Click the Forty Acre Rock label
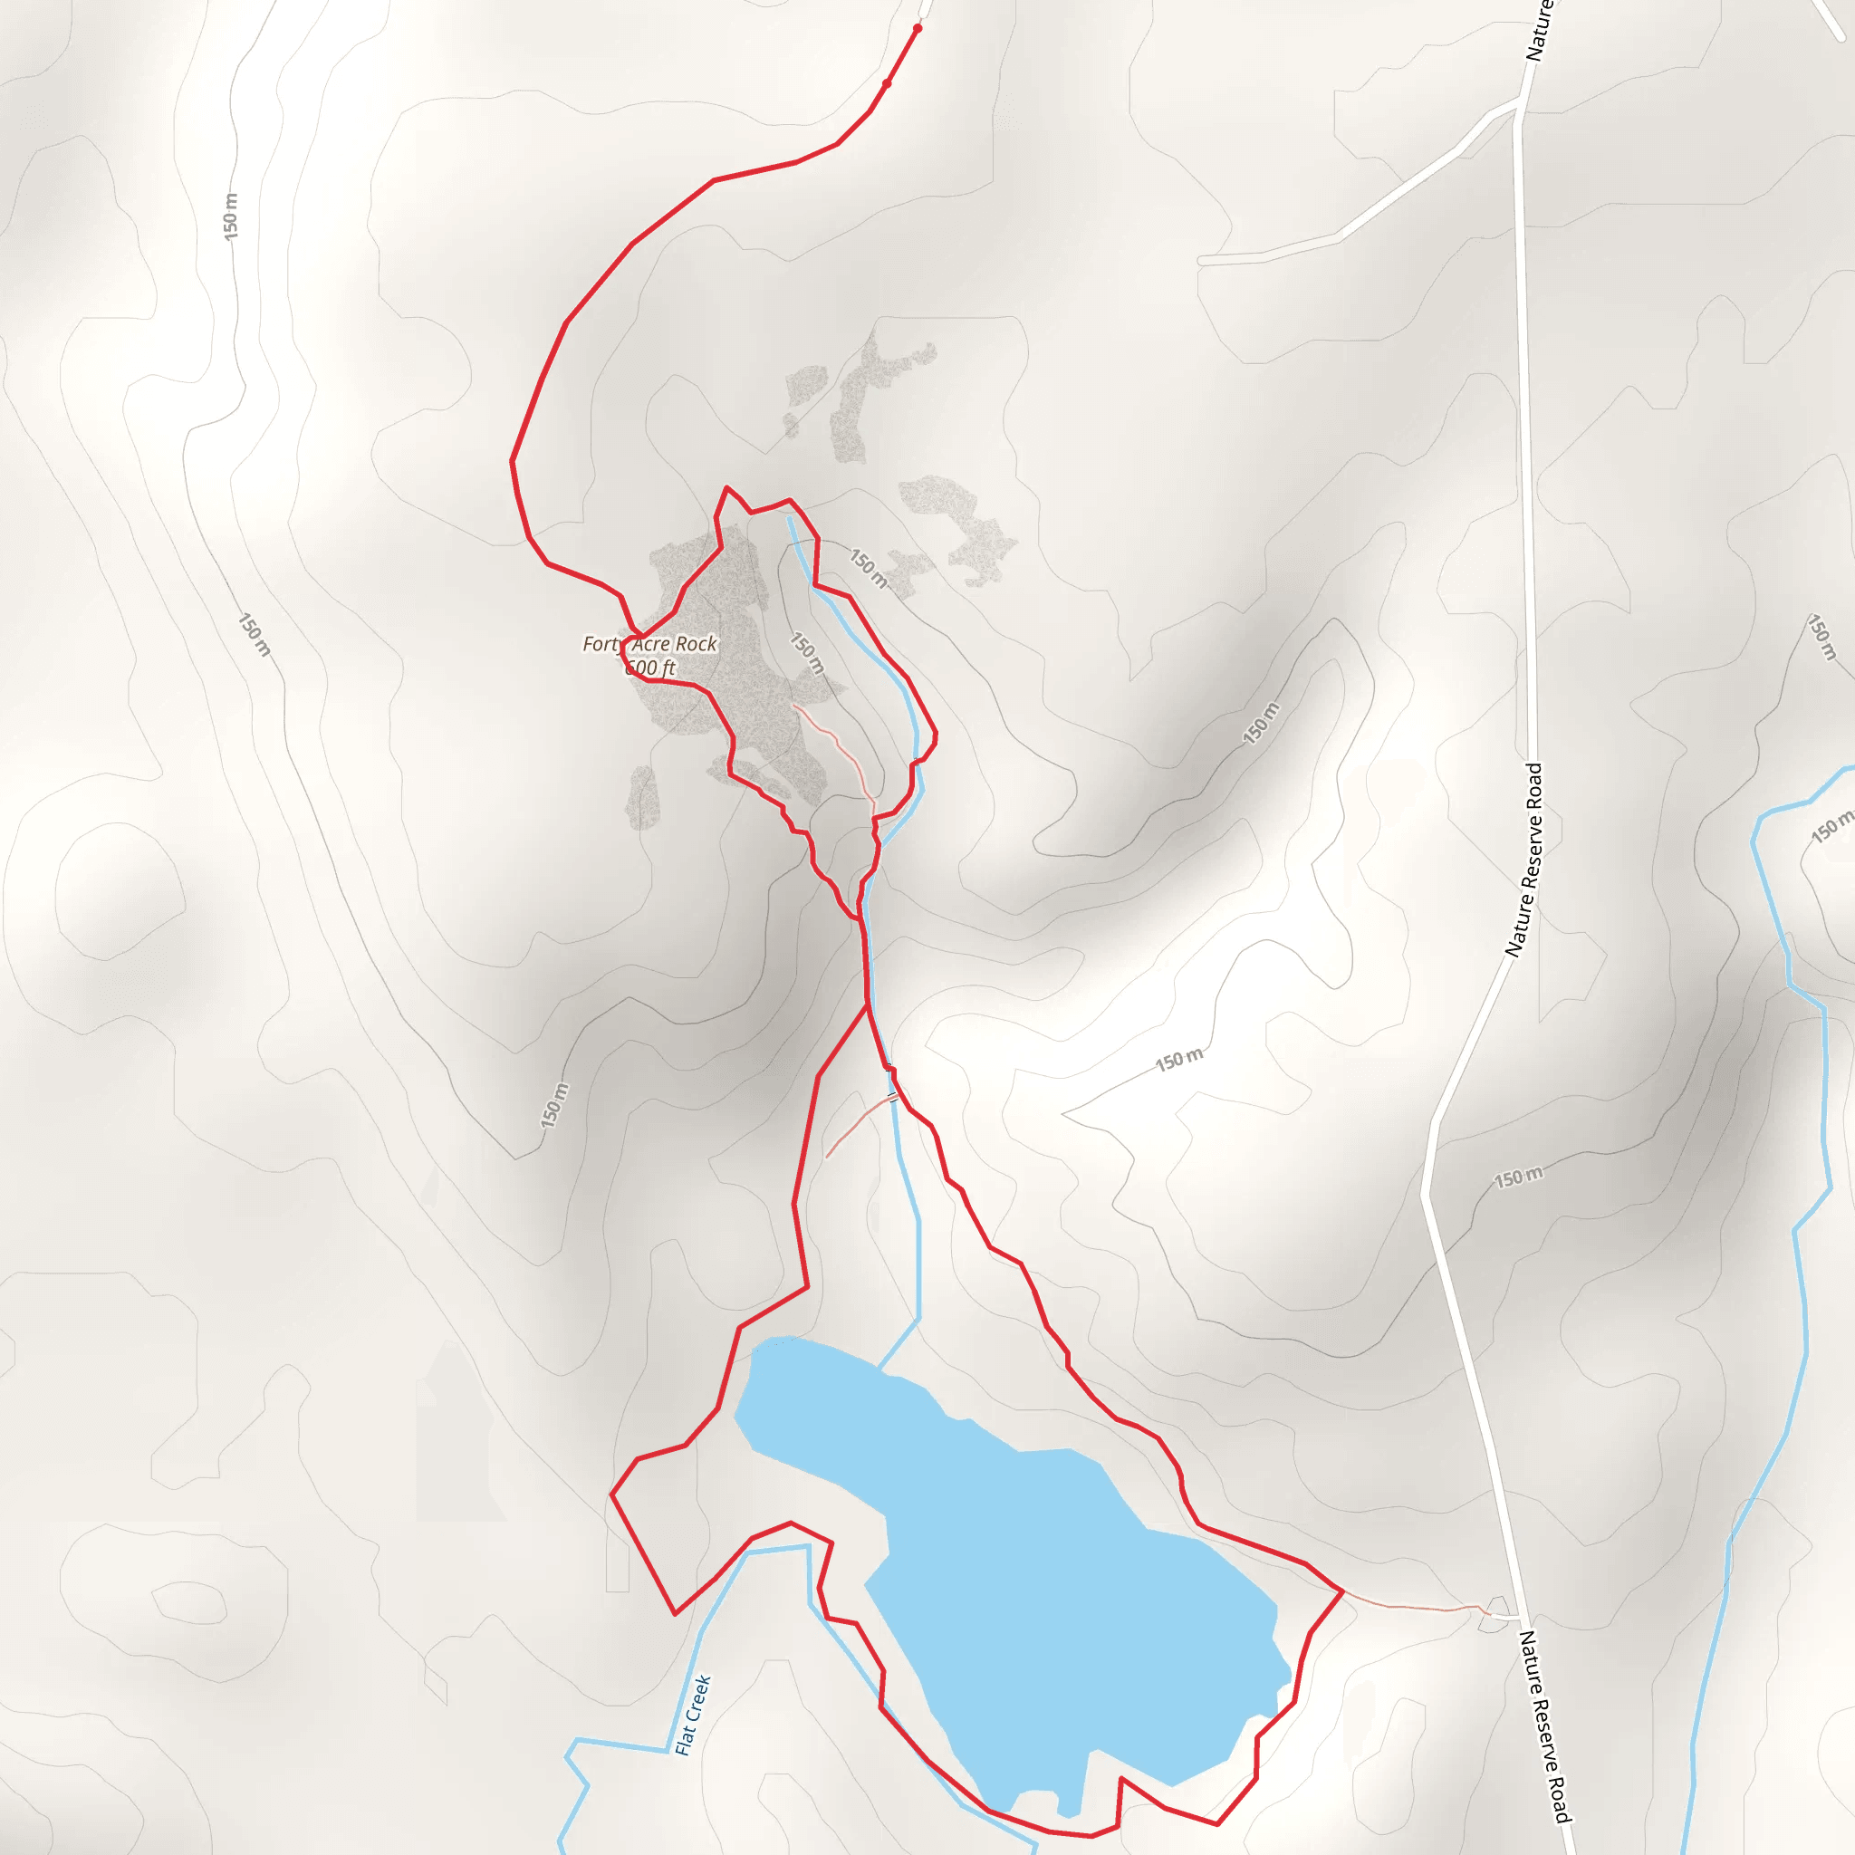pyautogui.click(x=650, y=644)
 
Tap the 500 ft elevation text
pyautogui.click(x=651, y=668)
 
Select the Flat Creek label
pyautogui.click(x=692, y=1715)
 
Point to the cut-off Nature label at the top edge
pyautogui.click(x=1539, y=29)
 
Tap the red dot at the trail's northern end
pyautogui.click(x=917, y=29)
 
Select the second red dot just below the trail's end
pyautogui.click(x=886, y=84)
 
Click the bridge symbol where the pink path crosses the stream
pyautogui.click(x=894, y=1097)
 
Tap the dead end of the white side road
pyautogui.click(x=1201, y=260)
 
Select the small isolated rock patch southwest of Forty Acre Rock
pyautogui.click(x=642, y=797)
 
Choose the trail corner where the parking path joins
pyautogui.click(x=1342, y=1591)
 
